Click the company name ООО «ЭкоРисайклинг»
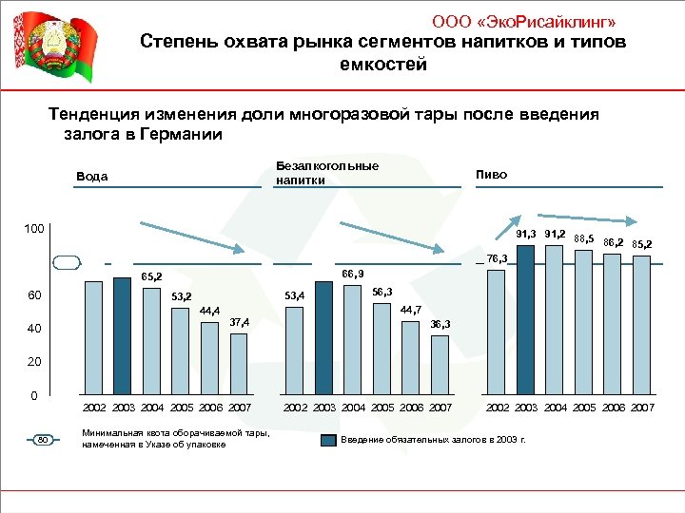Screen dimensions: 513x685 click(x=529, y=21)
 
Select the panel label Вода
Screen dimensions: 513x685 click(x=92, y=177)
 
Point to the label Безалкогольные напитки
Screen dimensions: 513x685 click(x=326, y=173)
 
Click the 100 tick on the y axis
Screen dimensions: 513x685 click(x=35, y=230)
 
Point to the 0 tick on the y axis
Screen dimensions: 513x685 click(x=33, y=394)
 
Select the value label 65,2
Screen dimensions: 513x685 click(x=152, y=276)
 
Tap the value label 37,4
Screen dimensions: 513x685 click(x=239, y=323)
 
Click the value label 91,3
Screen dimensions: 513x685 click(x=527, y=234)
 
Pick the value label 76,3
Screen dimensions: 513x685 click(x=497, y=258)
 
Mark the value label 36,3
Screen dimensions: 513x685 click(x=440, y=325)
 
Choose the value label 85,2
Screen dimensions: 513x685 click(x=641, y=244)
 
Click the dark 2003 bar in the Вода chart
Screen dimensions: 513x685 click(x=121, y=335)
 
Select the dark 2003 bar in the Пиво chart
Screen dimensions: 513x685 click(x=526, y=320)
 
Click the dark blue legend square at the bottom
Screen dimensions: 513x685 click(x=327, y=441)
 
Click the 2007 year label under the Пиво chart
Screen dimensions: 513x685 click(x=643, y=408)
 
